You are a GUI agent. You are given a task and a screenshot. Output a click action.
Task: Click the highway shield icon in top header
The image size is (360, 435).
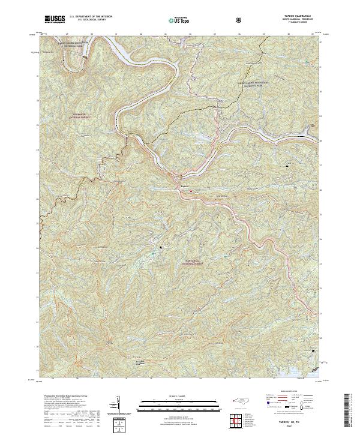click(x=240, y=20)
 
